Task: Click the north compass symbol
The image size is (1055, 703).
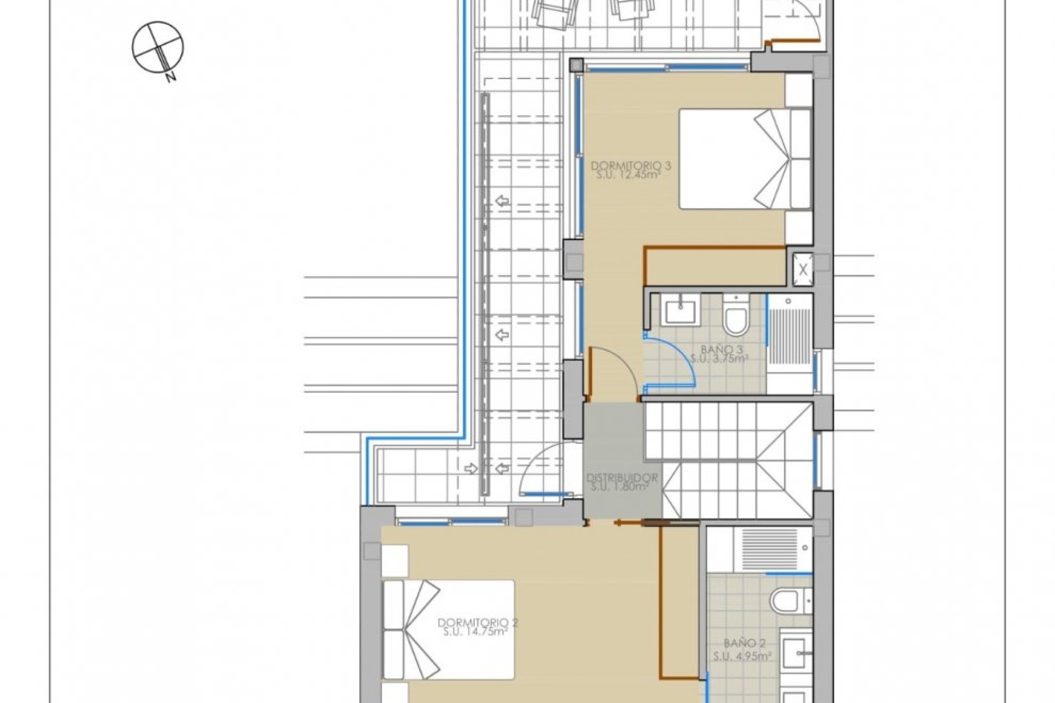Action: pyautogui.click(x=158, y=47)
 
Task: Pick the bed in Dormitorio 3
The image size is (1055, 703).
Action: pyautogui.click(x=745, y=159)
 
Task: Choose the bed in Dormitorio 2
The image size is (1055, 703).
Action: pyautogui.click(x=448, y=629)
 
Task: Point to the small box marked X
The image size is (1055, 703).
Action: pyautogui.click(x=803, y=269)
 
